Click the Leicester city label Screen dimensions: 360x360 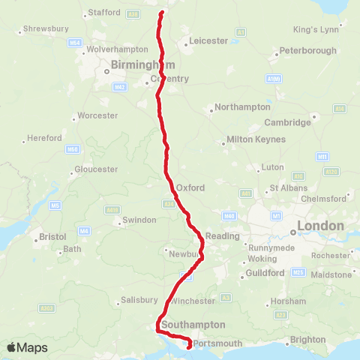(208, 40)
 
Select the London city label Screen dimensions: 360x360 (320, 225)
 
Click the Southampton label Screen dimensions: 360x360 (192, 325)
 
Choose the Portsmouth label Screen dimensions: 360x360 (218, 343)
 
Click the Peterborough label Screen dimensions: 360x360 (307, 50)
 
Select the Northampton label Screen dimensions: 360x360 (242, 107)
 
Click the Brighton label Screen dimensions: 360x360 (309, 339)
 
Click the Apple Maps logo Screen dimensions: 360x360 (27, 347)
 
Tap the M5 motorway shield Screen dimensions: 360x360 (55, 205)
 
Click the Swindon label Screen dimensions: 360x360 (139, 220)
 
